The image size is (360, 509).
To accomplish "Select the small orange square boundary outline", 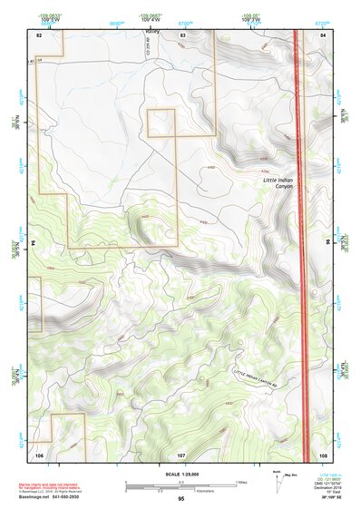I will pyautogui.click(x=161, y=123).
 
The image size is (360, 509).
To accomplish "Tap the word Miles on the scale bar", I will pyautogui.click(x=241, y=481).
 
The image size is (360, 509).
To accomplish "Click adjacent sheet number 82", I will pyautogui.click(x=39, y=34).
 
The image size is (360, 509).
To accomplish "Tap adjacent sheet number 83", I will pyautogui.click(x=182, y=34).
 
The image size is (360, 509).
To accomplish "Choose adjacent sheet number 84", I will pyautogui.click(x=323, y=34).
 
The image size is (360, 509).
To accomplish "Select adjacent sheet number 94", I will pyautogui.click(x=32, y=243).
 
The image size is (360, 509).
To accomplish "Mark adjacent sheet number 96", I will pyautogui.click(x=327, y=243).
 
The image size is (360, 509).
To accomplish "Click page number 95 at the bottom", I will pyautogui.click(x=180, y=499).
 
